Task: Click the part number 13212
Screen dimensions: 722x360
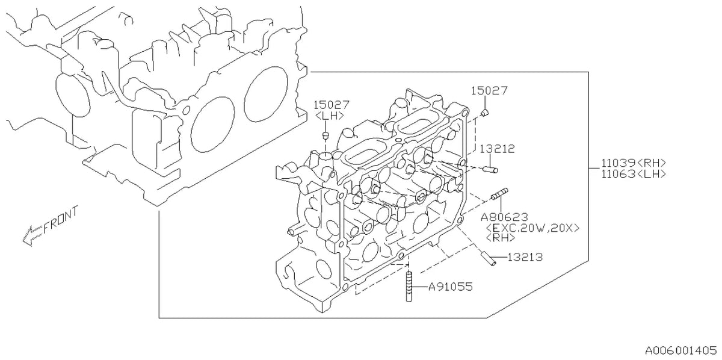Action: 497,149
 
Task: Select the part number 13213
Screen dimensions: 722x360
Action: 525,257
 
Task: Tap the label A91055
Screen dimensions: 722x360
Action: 450,287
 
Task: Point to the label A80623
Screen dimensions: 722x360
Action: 504,217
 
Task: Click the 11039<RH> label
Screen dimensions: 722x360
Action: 634,163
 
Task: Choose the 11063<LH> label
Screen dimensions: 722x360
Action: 634,174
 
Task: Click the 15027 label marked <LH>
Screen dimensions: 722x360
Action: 332,105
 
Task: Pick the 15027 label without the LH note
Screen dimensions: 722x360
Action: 489,91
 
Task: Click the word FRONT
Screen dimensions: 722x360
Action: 61,219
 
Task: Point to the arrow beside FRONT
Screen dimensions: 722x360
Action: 32,236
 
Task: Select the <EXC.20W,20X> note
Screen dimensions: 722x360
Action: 532,228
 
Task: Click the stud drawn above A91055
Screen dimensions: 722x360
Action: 409,287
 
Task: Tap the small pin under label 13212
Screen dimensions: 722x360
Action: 490,169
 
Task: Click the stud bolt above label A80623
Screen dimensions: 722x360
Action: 499,194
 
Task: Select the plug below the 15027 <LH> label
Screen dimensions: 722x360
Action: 326,135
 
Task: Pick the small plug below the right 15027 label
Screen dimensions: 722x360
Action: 485,112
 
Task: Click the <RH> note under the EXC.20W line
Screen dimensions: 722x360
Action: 500,238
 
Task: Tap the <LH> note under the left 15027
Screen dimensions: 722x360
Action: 330,116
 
